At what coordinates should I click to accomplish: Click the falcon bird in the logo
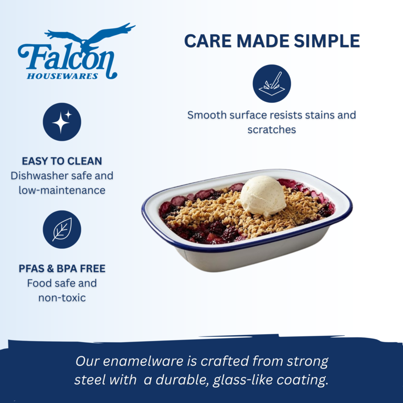tap(88, 36)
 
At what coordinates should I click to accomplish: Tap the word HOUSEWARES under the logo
tap(62, 76)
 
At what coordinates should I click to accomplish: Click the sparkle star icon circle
tap(62, 122)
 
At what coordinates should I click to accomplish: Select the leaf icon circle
tap(62, 229)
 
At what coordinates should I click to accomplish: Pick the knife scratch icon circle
tap(272, 83)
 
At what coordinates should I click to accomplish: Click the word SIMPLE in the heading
tap(327, 41)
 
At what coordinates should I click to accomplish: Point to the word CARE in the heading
tap(208, 41)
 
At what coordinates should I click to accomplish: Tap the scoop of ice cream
tap(262, 195)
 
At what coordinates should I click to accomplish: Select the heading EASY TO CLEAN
tap(62, 161)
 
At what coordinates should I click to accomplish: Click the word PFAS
tap(31, 269)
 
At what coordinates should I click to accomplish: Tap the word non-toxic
tap(62, 298)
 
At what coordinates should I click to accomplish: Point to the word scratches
tap(272, 130)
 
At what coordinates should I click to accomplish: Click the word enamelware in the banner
tap(143, 361)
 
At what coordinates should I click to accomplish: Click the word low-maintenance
tap(62, 190)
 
